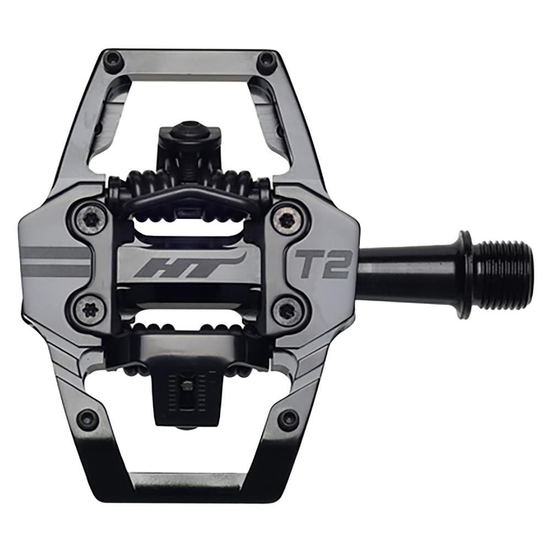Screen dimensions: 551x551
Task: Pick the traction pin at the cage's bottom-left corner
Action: coord(88,419)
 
